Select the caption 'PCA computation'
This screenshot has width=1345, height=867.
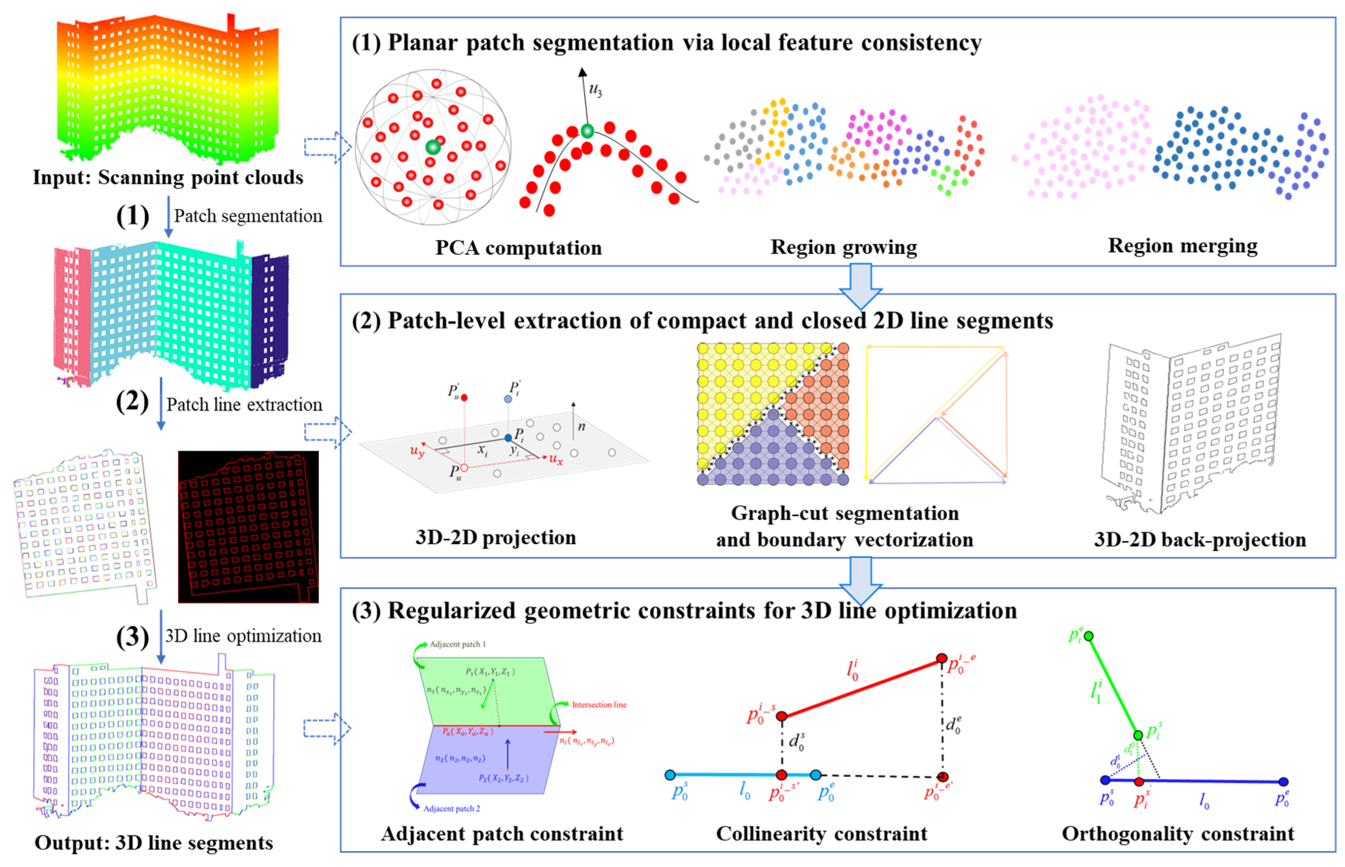click(x=518, y=248)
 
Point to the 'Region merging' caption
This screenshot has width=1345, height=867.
click(x=1182, y=246)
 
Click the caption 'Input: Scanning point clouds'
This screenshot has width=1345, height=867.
click(x=168, y=177)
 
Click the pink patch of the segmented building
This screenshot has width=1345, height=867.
click(x=72, y=315)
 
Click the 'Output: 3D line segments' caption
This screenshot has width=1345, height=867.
click(x=154, y=843)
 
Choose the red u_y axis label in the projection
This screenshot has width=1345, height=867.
click(x=416, y=451)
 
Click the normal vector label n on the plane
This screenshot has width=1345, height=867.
click(x=581, y=426)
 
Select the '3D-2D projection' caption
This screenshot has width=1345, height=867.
click(x=496, y=537)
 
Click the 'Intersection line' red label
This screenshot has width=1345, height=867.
click(x=599, y=705)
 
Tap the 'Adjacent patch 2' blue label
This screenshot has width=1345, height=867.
click(x=451, y=809)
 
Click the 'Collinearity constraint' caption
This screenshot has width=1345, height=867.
click(x=821, y=834)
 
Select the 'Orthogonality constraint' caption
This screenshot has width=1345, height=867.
click(x=1177, y=834)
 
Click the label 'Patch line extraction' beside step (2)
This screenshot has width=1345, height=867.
click(x=244, y=405)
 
